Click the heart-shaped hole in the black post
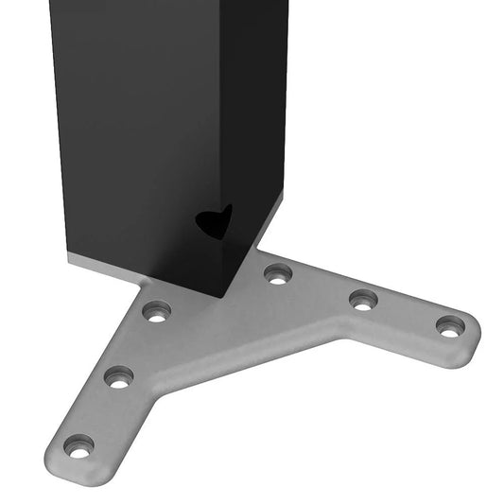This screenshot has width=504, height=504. click(x=214, y=221)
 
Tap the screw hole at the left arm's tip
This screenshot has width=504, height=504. click(x=78, y=445)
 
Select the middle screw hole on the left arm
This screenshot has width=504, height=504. click(x=118, y=376)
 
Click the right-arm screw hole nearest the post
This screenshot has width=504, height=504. click(x=277, y=274)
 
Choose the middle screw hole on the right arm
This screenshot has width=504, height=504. click(x=363, y=300)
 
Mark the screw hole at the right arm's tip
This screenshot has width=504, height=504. click(x=450, y=325)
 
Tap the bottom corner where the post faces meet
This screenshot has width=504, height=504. click(x=223, y=296)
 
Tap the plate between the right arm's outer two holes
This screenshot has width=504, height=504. click(x=407, y=313)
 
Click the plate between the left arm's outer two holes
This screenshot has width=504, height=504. click(x=98, y=411)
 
